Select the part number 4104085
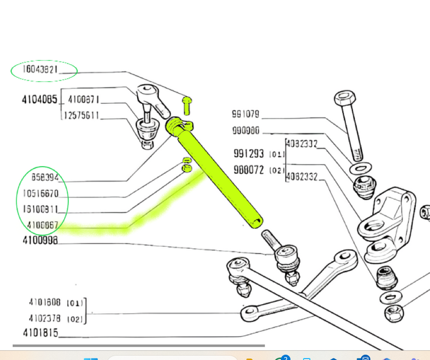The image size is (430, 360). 40,100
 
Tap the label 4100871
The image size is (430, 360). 83,99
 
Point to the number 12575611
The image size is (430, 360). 82,116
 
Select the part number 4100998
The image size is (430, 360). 40,240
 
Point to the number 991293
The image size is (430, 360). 249,153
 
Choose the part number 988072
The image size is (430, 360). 249,169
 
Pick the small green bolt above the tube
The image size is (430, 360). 187,105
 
